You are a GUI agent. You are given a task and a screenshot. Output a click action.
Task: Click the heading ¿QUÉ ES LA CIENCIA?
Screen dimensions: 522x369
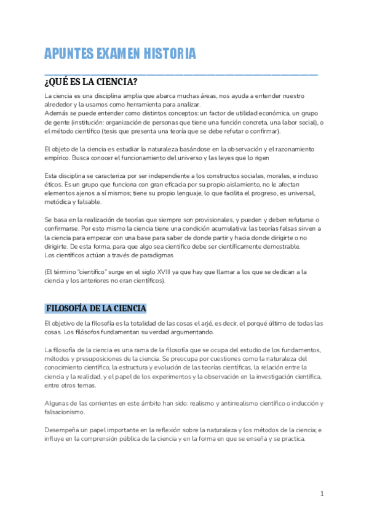90,82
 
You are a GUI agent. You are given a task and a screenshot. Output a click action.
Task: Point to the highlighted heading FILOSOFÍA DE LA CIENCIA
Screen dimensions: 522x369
95,308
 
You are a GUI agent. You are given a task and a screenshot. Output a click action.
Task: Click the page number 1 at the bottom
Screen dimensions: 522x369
322,494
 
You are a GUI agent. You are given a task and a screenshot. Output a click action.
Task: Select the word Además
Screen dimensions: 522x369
57,114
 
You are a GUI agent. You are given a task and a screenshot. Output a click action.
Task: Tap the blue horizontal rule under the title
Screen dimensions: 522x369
181,73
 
